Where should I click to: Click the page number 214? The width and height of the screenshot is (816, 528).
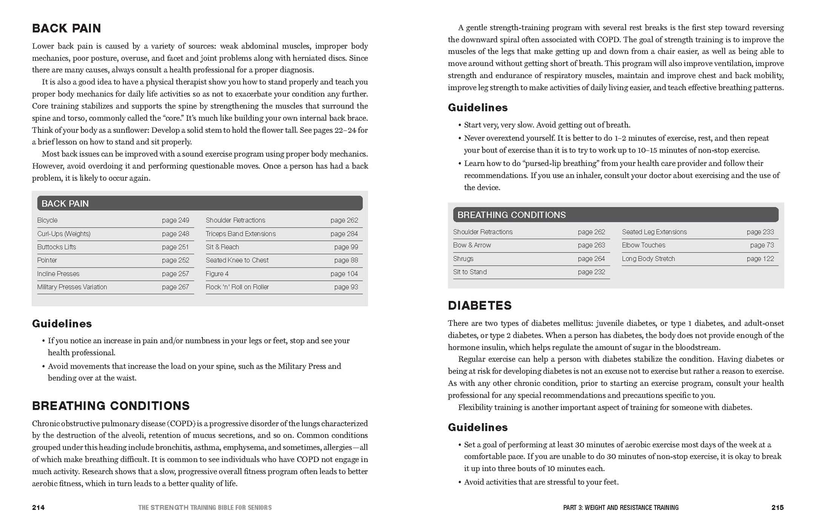[x=38, y=508]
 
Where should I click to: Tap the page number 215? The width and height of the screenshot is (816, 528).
[x=777, y=508]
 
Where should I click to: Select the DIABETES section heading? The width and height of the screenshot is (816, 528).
[x=479, y=305]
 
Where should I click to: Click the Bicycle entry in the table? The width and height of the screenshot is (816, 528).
[x=48, y=220]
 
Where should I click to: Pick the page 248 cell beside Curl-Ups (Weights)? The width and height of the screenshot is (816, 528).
[x=175, y=234]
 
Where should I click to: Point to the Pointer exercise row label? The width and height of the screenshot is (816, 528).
[x=47, y=260]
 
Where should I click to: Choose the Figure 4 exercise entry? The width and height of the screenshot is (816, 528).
[x=217, y=274]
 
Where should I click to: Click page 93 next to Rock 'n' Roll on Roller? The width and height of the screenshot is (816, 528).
[x=346, y=287]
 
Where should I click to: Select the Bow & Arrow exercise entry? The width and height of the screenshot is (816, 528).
[x=472, y=245]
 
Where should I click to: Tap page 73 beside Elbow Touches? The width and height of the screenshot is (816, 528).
[x=762, y=245]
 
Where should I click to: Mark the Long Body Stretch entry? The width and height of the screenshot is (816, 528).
[x=648, y=259]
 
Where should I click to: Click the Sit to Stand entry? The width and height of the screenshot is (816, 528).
[x=470, y=272]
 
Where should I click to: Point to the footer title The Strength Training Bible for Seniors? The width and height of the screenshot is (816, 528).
[x=205, y=508]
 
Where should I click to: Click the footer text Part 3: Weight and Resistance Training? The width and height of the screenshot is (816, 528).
[x=621, y=508]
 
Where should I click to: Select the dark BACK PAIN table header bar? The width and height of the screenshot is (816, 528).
[x=200, y=203]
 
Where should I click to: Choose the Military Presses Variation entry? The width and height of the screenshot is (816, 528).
[x=72, y=287]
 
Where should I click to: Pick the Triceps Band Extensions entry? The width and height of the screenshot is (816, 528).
[x=241, y=234]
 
